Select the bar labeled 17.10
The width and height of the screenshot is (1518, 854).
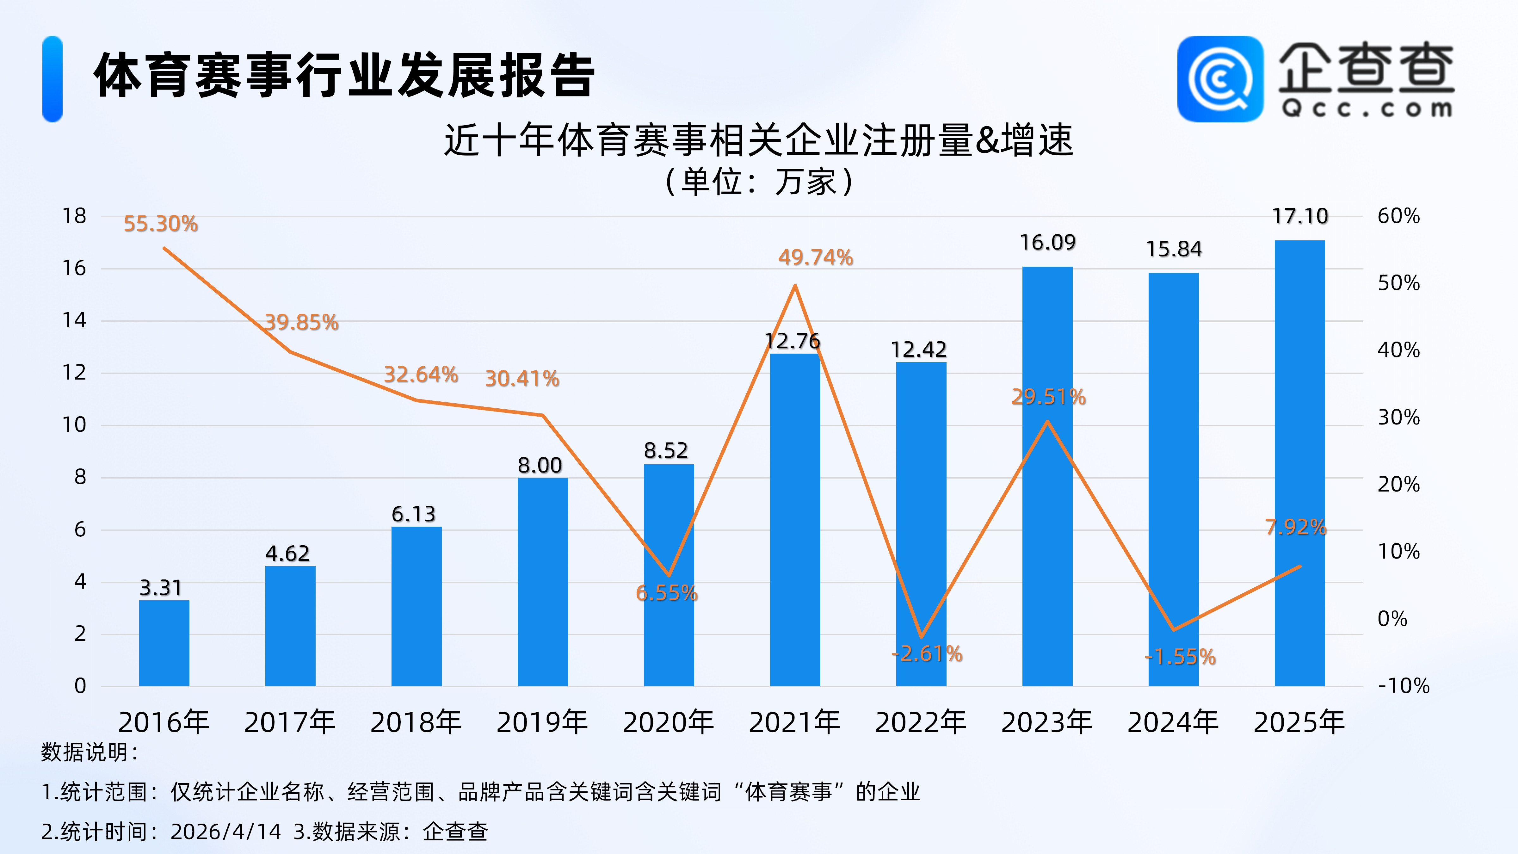(x=1299, y=463)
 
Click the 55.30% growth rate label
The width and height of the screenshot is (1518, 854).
(x=160, y=224)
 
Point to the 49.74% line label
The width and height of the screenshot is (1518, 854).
(x=816, y=257)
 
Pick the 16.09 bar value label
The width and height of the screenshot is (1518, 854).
(x=1047, y=242)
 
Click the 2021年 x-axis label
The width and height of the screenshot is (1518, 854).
(x=794, y=722)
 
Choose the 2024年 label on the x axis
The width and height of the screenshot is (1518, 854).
(x=1173, y=722)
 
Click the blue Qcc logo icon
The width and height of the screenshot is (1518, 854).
(x=1220, y=79)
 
